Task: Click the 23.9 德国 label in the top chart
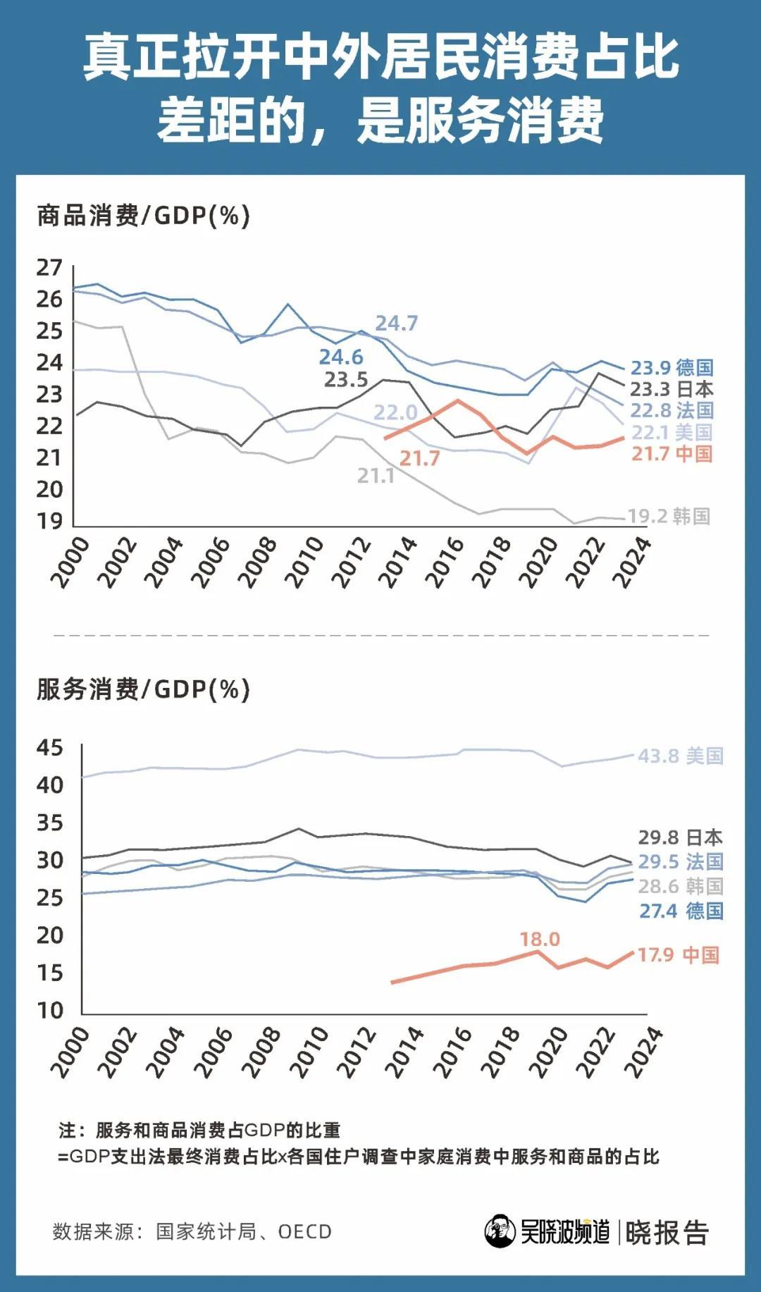(672, 367)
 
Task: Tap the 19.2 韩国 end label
(669, 516)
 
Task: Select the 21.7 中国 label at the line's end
(672, 453)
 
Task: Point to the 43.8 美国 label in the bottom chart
(681, 756)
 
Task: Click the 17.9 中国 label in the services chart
(679, 955)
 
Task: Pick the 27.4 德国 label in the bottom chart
(681, 911)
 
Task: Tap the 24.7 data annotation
(397, 323)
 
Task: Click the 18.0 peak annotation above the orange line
(540, 939)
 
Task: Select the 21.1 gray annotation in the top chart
(376, 476)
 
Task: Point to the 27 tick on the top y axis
(49, 268)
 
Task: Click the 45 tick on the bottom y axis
(50, 747)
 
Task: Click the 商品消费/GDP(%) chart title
(144, 216)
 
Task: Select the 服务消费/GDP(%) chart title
(144, 689)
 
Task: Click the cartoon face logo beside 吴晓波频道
(500, 1231)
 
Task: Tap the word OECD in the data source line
(304, 1231)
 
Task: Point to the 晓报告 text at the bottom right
(667, 1232)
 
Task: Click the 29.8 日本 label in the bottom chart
(681, 837)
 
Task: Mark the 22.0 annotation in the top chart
(395, 412)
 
